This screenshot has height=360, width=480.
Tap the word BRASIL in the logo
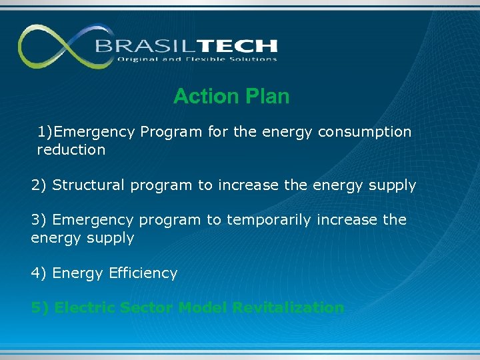click(138, 46)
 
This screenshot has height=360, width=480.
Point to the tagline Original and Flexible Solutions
click(197, 59)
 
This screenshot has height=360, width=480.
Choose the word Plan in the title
click(267, 97)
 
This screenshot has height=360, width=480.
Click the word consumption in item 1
click(365, 132)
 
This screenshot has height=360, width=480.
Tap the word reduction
click(71, 150)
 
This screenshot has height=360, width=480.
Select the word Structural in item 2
click(89, 185)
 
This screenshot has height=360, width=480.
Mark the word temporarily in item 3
click(269, 220)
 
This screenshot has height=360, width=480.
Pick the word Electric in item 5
click(84, 307)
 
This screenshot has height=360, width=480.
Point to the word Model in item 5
click(203, 307)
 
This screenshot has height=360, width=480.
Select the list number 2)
click(39, 185)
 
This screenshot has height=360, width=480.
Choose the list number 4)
click(39, 273)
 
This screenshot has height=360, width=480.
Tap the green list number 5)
click(40, 307)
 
